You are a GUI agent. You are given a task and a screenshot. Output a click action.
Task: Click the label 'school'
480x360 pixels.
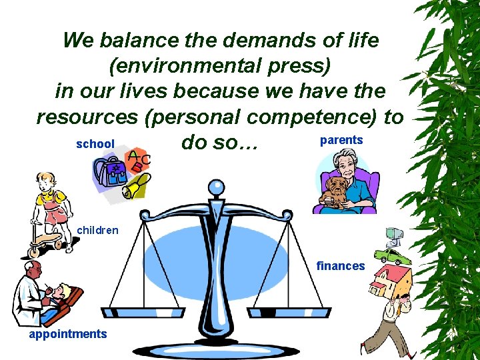[x=95, y=144]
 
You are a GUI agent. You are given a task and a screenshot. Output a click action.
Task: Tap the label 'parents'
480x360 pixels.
[x=341, y=140]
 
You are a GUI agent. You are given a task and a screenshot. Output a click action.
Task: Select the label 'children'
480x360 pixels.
[x=98, y=231]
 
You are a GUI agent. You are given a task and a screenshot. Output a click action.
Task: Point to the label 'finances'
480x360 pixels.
[x=341, y=266]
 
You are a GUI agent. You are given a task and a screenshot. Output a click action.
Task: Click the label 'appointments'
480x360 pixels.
[x=67, y=334]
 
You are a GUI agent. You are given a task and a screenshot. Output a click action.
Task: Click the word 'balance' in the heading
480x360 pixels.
[x=135, y=41]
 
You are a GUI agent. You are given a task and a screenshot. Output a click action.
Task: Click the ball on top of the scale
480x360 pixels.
[x=216, y=187]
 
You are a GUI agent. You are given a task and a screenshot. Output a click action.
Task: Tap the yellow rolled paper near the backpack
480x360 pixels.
[x=136, y=187]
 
